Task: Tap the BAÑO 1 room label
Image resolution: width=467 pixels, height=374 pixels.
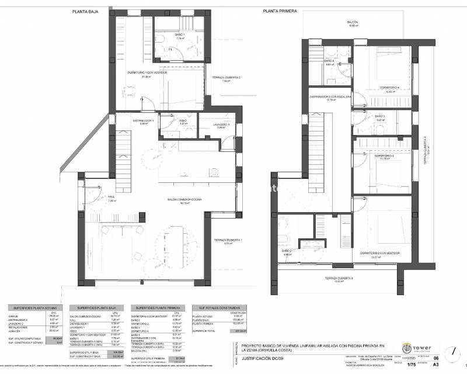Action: coord(163,35)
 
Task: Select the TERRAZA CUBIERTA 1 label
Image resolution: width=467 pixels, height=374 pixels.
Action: coord(228,240)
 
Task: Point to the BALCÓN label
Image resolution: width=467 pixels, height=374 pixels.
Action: coord(353,22)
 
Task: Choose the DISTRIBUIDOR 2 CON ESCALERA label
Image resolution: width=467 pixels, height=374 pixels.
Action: coord(330,97)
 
